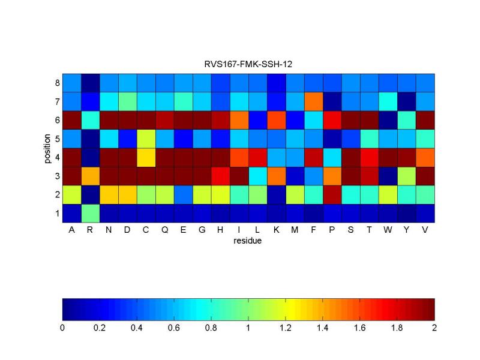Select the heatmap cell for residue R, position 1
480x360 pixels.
pyautogui.click(x=90, y=213)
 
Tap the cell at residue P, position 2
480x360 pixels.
pyautogui.click(x=350, y=194)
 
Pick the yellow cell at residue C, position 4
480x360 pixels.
pyautogui.click(x=146, y=157)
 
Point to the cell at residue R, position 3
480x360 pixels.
pyautogui.click(x=90, y=176)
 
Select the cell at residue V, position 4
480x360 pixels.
pyautogui.click(x=425, y=157)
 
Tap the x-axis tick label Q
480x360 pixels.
pyautogui.click(x=164, y=231)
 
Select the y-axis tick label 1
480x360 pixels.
pyautogui.click(x=57, y=213)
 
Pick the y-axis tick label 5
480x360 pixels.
pyautogui.click(x=57, y=139)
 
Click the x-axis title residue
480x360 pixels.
pyautogui.click(x=248, y=241)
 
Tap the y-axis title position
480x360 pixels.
pyautogui.click(x=46, y=148)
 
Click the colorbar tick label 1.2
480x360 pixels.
pyautogui.click(x=286, y=328)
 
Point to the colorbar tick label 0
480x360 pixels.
pyautogui.click(x=62, y=328)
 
